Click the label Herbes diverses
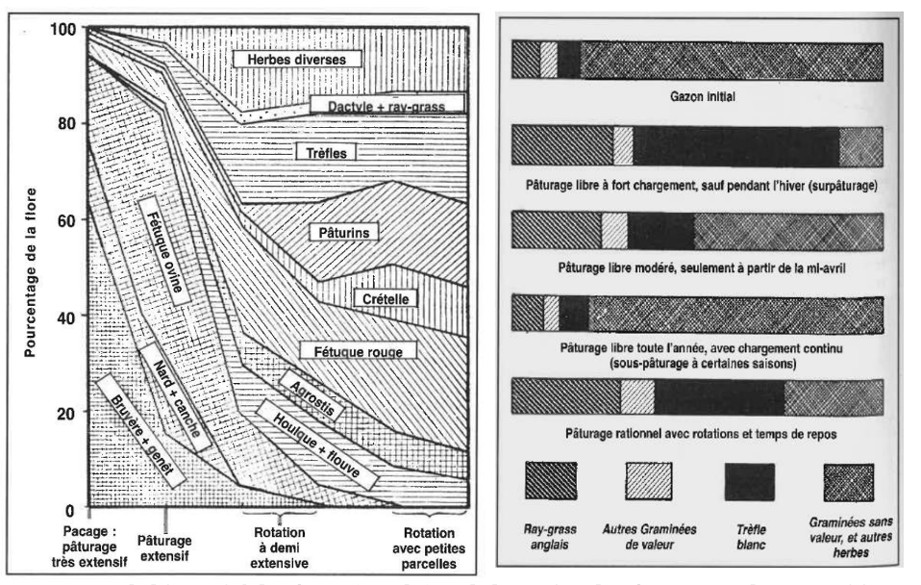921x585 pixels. click(289, 60)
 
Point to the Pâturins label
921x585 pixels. click(345, 232)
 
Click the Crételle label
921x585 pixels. click(386, 299)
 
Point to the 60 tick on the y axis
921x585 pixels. click(64, 220)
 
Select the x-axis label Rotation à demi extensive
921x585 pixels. click(280, 548)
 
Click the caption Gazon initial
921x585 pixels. click(696, 98)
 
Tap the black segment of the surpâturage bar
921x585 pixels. click(735, 145)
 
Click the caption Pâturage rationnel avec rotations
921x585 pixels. click(696, 435)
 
